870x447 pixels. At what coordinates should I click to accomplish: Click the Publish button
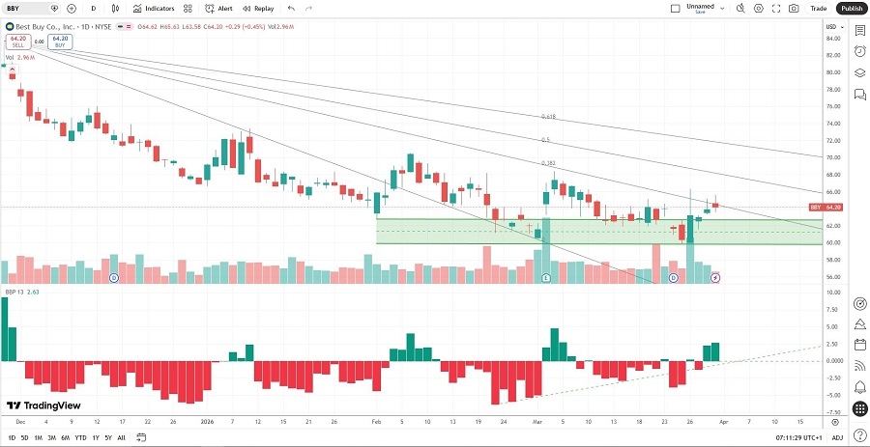coord(851,8)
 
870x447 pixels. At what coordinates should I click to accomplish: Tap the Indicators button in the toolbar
coord(154,8)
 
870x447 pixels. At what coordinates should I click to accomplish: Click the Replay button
coord(258,8)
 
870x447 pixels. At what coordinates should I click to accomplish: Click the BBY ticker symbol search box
coord(29,8)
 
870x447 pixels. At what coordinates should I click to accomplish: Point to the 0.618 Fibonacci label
coord(547,117)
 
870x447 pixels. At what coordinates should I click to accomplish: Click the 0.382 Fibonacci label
coord(547,163)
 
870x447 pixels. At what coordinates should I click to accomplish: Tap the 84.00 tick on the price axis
coord(830,39)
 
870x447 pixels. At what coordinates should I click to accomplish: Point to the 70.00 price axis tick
coord(830,157)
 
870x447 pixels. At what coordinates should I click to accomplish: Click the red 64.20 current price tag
coord(828,208)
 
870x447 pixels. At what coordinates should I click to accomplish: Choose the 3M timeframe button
coord(52,437)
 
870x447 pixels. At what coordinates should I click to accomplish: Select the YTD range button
coord(80,437)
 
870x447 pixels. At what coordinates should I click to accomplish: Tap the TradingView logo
coord(43,405)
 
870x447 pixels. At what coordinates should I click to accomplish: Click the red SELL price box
coord(18,42)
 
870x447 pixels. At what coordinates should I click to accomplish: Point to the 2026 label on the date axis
coord(206,422)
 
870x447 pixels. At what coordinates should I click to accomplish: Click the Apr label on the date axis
coord(724,422)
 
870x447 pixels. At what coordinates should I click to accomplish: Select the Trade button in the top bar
coord(819,8)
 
